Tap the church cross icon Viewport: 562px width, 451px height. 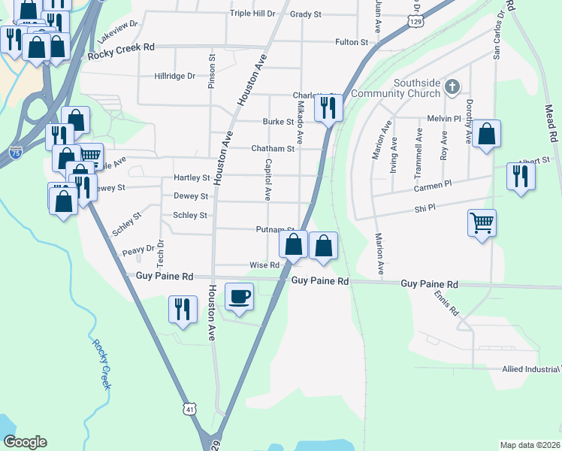pos(452,87)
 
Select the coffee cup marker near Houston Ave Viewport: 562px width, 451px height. pos(239,296)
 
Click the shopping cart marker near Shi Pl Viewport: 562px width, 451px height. pos(482,222)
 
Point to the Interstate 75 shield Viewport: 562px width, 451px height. pos(14,153)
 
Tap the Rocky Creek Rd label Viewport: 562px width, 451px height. pos(120,47)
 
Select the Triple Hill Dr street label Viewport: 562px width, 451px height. pos(253,14)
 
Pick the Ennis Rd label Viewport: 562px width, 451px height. pos(446,304)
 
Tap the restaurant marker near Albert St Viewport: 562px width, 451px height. pos(520,176)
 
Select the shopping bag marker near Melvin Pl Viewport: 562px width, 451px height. pos(486,135)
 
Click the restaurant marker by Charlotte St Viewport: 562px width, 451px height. pos(328,107)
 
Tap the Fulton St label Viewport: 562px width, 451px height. pos(352,42)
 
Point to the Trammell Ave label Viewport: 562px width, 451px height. pos(418,150)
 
